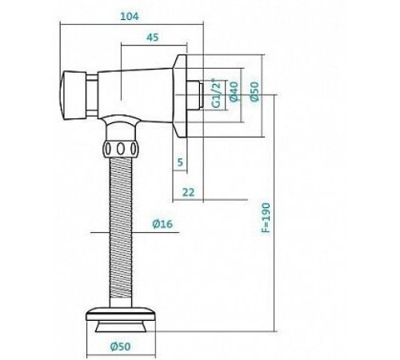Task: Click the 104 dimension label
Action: click(130, 17)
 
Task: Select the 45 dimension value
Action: click(153, 38)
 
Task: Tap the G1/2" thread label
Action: click(217, 93)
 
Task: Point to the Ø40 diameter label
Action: click(234, 91)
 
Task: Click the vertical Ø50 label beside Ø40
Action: click(254, 91)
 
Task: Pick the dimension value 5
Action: click(180, 162)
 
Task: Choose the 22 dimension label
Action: click(189, 192)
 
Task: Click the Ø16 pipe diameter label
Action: click(162, 224)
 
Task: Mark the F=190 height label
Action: click(266, 218)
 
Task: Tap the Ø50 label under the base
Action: click(121, 346)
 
